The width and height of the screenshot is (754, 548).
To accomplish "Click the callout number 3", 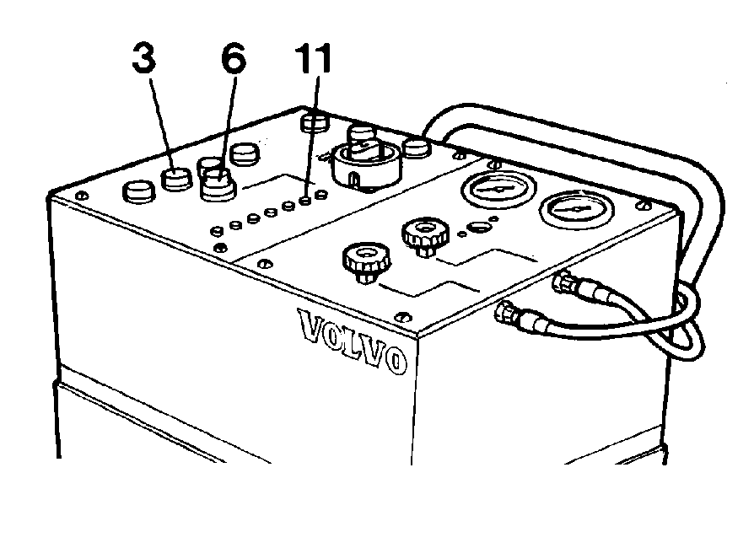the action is (x=144, y=58).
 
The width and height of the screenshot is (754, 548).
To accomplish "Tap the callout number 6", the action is (x=234, y=58).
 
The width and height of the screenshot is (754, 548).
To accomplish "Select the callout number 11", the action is (x=313, y=58).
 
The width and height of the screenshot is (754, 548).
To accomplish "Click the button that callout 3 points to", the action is (x=176, y=180).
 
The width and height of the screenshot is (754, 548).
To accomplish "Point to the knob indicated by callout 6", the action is (x=218, y=183).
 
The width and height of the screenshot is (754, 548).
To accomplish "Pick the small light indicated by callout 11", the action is (x=304, y=201).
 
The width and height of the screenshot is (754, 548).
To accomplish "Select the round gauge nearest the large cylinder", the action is (x=498, y=188).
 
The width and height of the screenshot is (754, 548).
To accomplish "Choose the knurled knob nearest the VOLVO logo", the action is (x=366, y=262).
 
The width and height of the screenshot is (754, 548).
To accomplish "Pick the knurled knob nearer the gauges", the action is (x=425, y=236).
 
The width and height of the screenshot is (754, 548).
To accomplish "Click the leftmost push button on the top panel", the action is (x=139, y=192).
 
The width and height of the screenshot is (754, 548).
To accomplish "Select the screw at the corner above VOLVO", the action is (x=402, y=316).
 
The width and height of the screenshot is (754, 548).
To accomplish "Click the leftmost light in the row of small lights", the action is (x=218, y=231).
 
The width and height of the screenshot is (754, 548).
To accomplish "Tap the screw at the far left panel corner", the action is (x=82, y=195).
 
